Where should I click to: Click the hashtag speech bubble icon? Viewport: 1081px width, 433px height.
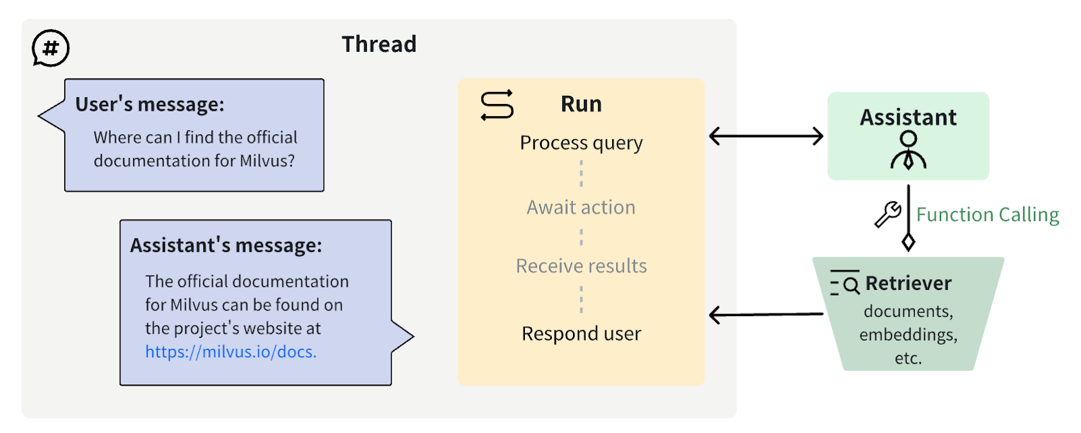[51, 48]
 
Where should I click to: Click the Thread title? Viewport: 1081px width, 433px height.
[379, 45]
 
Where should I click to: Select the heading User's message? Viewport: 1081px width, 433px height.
[149, 105]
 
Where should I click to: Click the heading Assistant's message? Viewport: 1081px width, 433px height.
[226, 245]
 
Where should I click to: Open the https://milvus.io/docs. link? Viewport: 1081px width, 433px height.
[230, 352]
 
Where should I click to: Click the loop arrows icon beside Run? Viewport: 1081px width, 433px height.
[497, 105]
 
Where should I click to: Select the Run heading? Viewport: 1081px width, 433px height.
[581, 104]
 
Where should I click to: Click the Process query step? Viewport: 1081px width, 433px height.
[581, 143]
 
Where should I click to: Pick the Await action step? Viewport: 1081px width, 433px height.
[581, 207]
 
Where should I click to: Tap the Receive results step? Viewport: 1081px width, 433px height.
[581, 266]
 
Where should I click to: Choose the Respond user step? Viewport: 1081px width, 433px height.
[581, 334]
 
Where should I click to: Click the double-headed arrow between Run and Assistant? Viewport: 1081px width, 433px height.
[765, 136]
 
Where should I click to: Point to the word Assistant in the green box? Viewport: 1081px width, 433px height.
[908, 118]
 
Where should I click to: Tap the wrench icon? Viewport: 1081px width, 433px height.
[888, 214]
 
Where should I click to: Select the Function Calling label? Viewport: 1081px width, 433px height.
[987, 215]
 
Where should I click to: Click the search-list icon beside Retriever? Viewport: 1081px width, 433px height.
[845, 284]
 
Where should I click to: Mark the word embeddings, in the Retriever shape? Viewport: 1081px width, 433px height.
[908, 335]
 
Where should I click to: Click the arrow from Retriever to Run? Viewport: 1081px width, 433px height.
[765, 315]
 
